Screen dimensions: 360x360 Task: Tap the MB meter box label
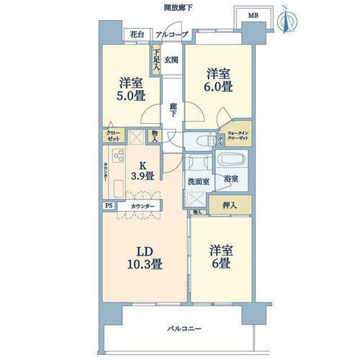coord(253,15)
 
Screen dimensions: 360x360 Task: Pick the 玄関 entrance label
coord(170,60)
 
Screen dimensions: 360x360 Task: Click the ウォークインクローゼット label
coord(238,138)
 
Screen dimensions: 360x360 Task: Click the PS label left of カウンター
coord(109,206)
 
